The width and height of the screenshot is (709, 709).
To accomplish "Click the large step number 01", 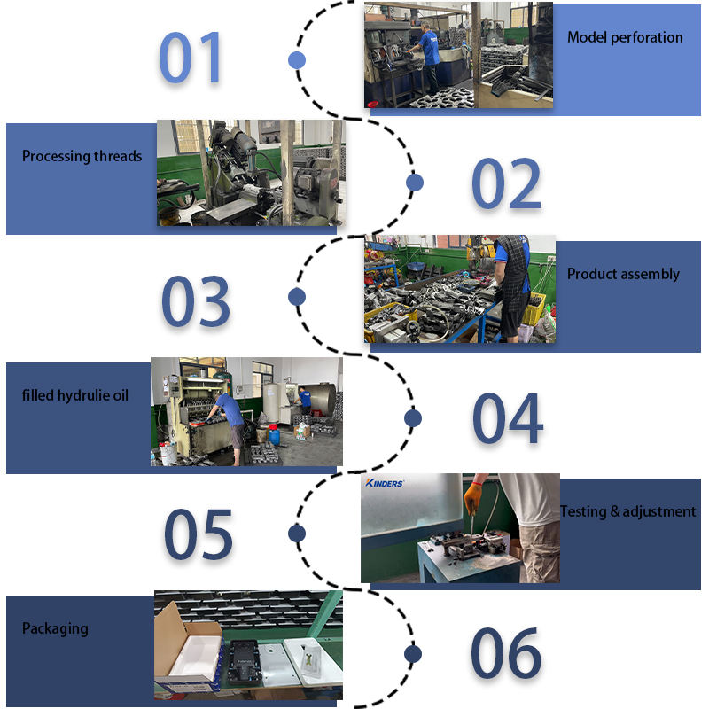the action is click(190, 58).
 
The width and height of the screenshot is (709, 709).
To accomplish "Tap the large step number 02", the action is click(506, 183).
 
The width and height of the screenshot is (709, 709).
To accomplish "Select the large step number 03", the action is click(196, 300).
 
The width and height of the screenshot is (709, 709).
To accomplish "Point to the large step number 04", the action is click(507, 418).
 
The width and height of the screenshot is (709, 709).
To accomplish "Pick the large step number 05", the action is click(198, 534).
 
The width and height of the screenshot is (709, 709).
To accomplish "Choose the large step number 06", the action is click(506, 653).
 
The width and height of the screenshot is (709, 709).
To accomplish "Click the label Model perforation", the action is click(625, 37).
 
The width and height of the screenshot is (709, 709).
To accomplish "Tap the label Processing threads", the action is click(82, 156).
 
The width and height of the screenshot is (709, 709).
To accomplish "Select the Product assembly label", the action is click(623, 274).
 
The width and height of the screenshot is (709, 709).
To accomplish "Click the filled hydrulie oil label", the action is click(75, 395).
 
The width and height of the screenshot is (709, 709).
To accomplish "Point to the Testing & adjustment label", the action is click(628, 511).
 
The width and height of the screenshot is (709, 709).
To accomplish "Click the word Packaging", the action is click(55, 629).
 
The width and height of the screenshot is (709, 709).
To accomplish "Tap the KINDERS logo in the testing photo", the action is click(385, 483).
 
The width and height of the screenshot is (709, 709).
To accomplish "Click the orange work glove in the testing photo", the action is click(473, 498).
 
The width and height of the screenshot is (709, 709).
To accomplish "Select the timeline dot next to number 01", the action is click(297, 60).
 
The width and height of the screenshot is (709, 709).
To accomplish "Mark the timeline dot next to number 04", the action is click(413, 418).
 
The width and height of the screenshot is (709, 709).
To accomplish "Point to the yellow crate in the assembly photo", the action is click(534, 308).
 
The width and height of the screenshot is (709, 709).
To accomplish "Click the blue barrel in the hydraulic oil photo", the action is click(274, 435).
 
